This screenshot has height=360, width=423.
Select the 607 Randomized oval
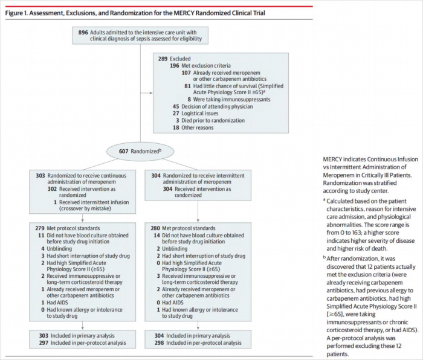click(140, 151)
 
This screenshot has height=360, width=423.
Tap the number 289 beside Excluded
click(161, 59)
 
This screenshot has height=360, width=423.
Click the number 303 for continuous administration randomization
click(40, 176)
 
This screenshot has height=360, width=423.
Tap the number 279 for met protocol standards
click(40, 228)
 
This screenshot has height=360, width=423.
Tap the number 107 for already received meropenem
click(186, 72)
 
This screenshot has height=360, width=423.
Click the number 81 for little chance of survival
click(188, 86)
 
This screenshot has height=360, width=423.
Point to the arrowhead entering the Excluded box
click(152, 94)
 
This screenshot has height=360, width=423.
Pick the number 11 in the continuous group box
click(42, 236)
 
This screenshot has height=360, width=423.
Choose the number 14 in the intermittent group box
click(157, 236)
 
